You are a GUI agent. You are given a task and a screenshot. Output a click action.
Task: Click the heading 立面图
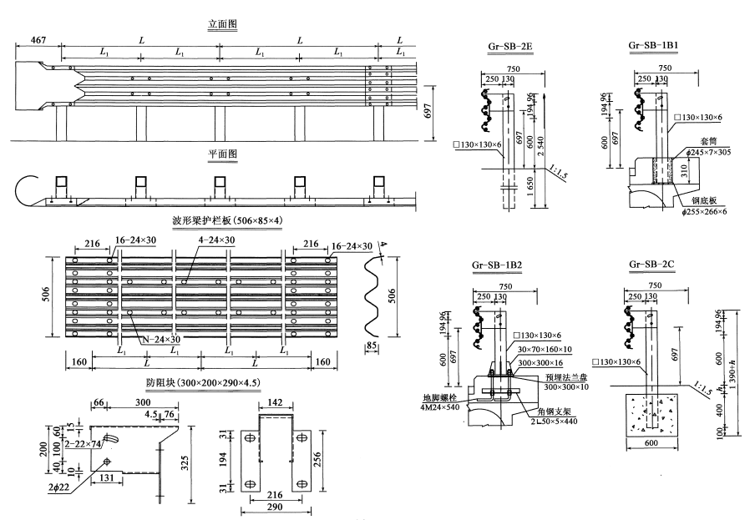click(x=222, y=24)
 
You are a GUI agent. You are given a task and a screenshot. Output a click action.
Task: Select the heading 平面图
click(x=222, y=155)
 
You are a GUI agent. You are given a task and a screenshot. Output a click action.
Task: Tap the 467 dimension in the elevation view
click(x=37, y=40)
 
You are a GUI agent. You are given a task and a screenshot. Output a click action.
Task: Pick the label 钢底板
click(x=705, y=200)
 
